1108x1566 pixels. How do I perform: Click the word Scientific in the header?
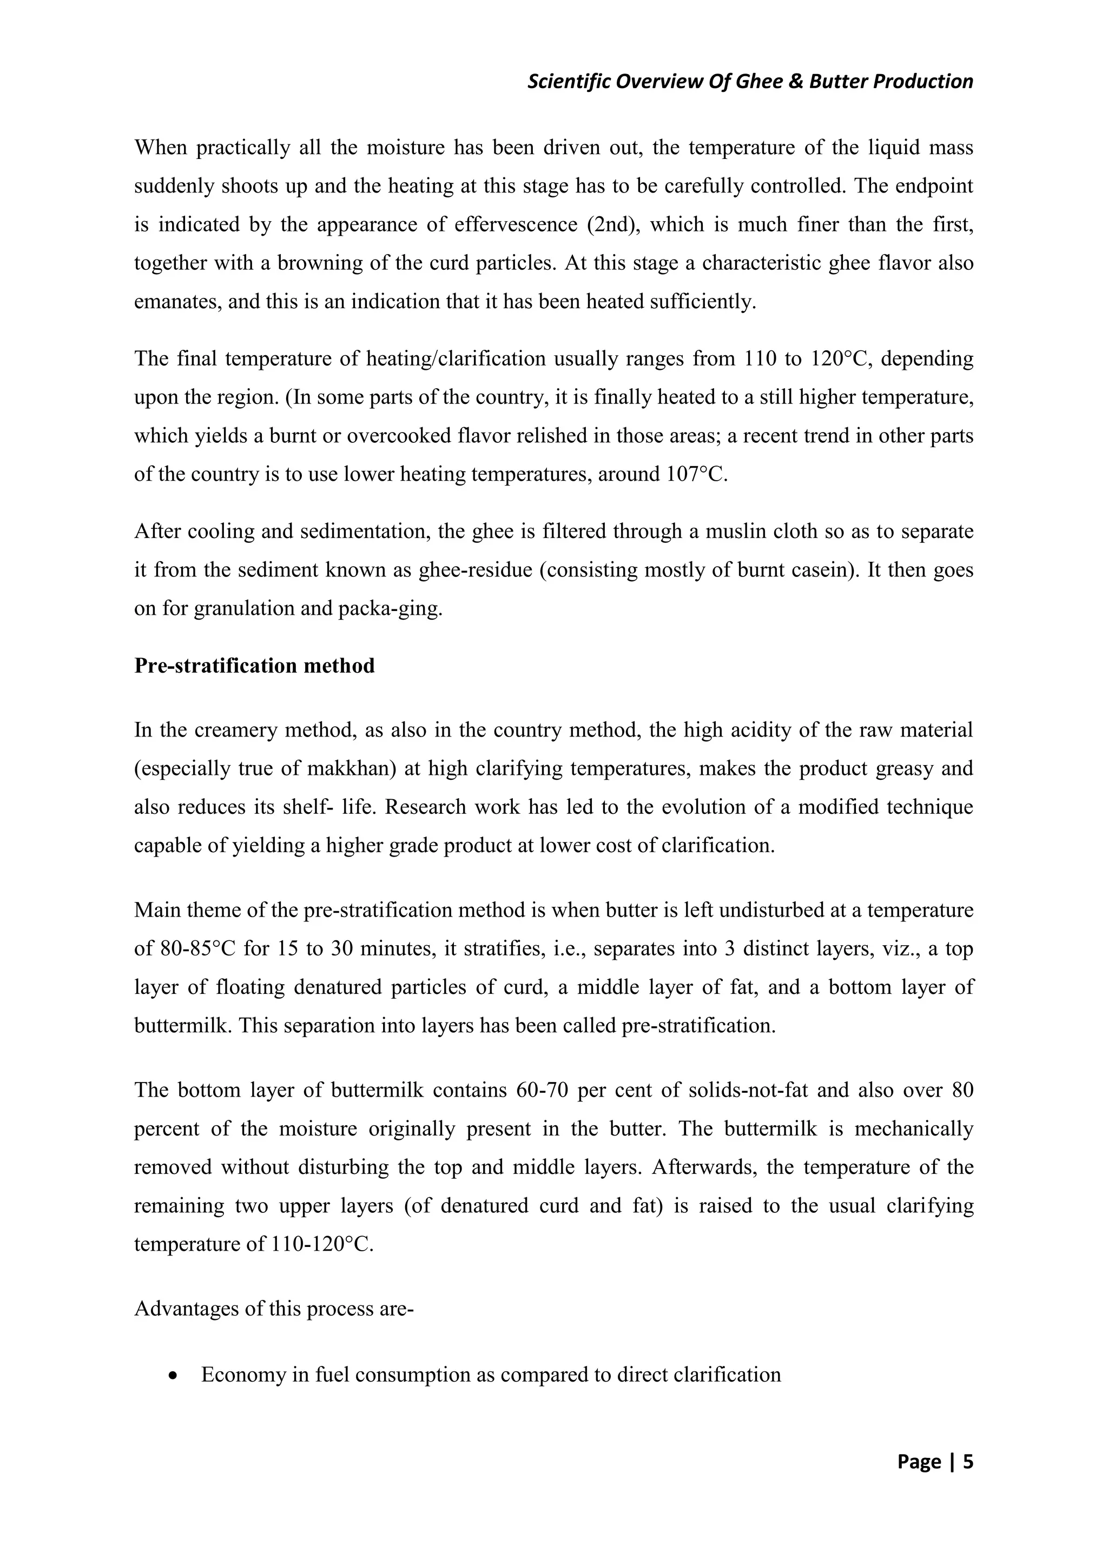(570, 82)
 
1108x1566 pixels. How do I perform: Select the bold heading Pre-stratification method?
(254, 665)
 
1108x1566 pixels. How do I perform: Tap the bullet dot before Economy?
(176, 1375)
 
